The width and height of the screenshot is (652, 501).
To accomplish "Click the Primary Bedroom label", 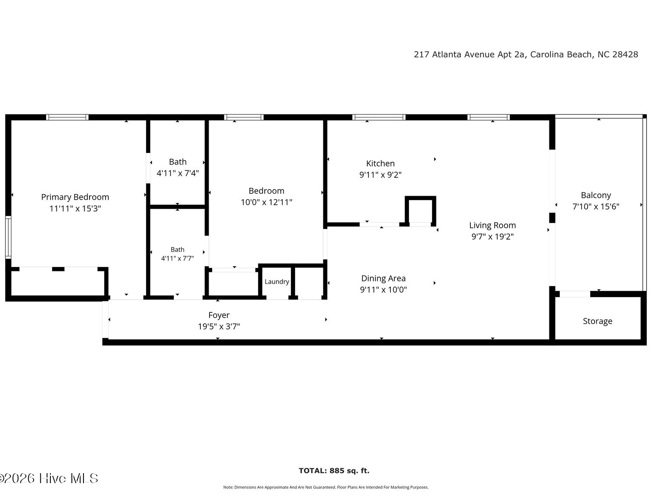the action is pos(75,197).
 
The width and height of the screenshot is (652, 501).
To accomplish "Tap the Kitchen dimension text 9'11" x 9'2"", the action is pos(380,175).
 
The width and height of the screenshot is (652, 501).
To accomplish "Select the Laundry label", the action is pos(276,281).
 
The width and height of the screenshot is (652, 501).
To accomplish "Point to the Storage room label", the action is pos(597,321).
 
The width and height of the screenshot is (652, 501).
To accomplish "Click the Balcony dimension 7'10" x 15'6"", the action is pos(595,207).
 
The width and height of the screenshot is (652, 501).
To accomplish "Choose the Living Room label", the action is pos(492,225).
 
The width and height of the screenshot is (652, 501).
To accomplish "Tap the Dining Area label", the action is pos(383,278).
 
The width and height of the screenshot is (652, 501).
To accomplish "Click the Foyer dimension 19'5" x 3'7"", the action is pos(219,326).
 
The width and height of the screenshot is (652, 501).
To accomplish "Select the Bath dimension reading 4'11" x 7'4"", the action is pos(178,173).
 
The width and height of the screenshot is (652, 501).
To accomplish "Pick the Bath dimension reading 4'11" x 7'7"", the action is pos(177,258).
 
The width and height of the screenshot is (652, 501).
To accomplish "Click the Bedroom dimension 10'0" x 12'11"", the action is pos(266,202).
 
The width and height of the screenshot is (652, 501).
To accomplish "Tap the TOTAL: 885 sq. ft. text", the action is pos(334,471).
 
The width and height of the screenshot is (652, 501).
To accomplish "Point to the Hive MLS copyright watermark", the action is pos(49,478).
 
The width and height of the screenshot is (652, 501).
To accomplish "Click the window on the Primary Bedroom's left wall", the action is pos(8,237).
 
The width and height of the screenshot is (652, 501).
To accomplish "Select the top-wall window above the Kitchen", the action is pos(379,117).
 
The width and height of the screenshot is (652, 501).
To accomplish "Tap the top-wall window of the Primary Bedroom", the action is pos(67,117).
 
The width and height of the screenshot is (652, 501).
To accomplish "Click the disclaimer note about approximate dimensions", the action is pos(326,487).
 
